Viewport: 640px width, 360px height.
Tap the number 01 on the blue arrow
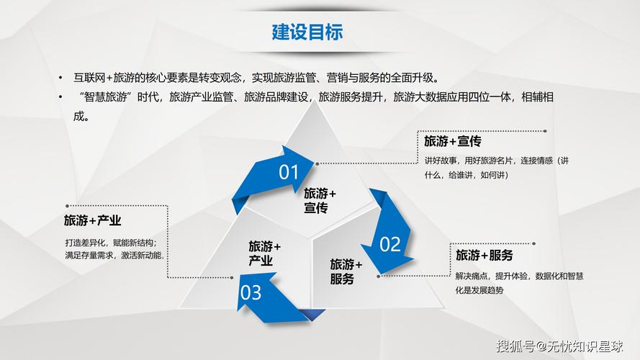tap(289, 172)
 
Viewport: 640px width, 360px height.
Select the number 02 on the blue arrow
tap(389, 244)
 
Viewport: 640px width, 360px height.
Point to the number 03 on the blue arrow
tap(251, 292)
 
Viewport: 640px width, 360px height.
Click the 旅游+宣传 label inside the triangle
tap(320, 200)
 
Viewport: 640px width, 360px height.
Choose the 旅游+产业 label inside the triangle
tap(265, 254)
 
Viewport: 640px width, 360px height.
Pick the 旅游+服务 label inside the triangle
tap(346, 271)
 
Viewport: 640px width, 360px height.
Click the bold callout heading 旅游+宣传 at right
tap(453, 141)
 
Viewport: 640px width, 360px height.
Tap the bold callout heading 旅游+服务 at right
tap(484, 256)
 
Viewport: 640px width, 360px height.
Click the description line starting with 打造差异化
tap(115, 242)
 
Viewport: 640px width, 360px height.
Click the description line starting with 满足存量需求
tap(114, 255)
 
